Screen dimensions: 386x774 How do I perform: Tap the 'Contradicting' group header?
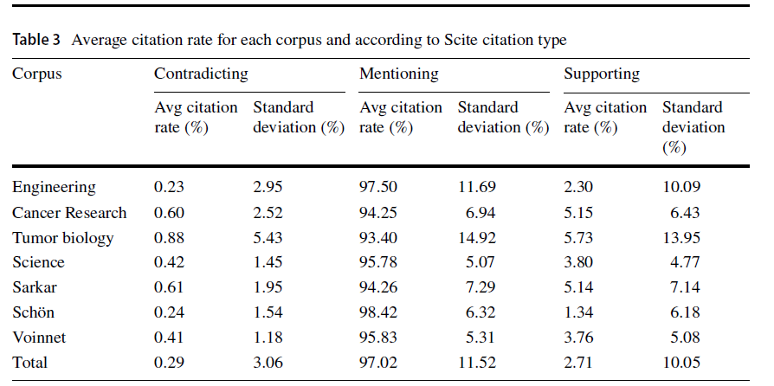coord(201,74)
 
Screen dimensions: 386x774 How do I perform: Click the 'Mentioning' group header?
coord(398,74)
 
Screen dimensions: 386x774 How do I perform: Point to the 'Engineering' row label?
coord(54,187)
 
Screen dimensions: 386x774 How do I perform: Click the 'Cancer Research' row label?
coord(69,212)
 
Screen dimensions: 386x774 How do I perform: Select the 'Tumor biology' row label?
coord(62,237)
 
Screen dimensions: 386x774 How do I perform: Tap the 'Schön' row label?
coord(33,312)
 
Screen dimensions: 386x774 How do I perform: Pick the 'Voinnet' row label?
coord(37,338)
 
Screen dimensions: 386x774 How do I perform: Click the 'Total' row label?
coord(29,363)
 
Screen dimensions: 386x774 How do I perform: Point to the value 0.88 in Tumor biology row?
coord(169,237)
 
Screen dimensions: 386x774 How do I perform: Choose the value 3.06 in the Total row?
coord(267,363)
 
